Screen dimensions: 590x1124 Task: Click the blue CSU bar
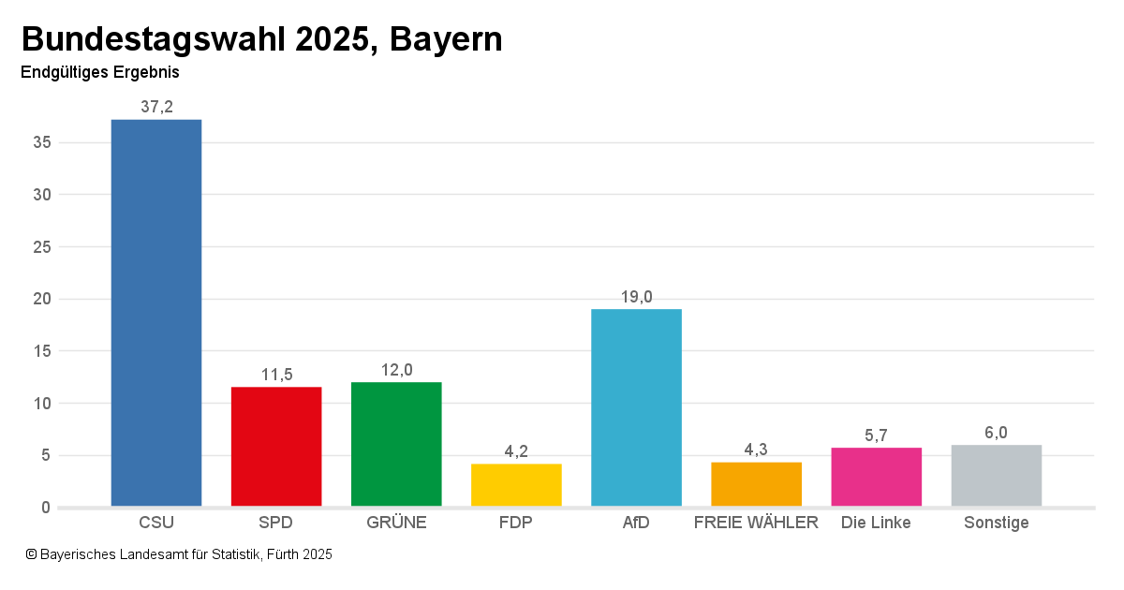pyautogui.click(x=156, y=313)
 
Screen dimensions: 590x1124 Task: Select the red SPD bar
pyautogui.click(x=276, y=447)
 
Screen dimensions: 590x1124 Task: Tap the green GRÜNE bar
pyautogui.click(x=396, y=444)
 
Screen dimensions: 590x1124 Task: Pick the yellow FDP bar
pyautogui.click(x=516, y=485)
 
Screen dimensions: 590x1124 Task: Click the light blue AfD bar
pyautogui.click(x=636, y=407)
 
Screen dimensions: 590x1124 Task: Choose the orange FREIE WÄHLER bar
pyautogui.click(x=756, y=484)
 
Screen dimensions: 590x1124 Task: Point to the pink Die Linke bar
pyautogui.click(x=876, y=477)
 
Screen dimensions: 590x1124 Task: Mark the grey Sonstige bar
pyautogui.click(x=996, y=476)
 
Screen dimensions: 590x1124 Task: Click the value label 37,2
pyautogui.click(x=156, y=107)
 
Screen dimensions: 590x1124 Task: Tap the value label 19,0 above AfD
pyautogui.click(x=636, y=297)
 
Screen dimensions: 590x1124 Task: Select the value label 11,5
pyautogui.click(x=276, y=375)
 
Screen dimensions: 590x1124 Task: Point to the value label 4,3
pyautogui.click(x=756, y=450)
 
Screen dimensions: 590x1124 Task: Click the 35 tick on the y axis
pyautogui.click(x=40, y=143)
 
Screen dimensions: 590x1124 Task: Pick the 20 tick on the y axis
pyautogui.click(x=40, y=300)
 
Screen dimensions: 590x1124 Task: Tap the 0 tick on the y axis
pyautogui.click(x=45, y=508)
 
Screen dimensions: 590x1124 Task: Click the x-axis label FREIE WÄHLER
pyautogui.click(x=756, y=523)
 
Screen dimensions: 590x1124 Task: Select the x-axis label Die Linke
pyautogui.click(x=876, y=523)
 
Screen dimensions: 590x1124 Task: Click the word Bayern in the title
pyautogui.click(x=446, y=39)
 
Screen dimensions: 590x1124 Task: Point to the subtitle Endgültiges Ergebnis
pyautogui.click(x=99, y=72)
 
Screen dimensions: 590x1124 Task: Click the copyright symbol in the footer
pyautogui.click(x=31, y=554)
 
